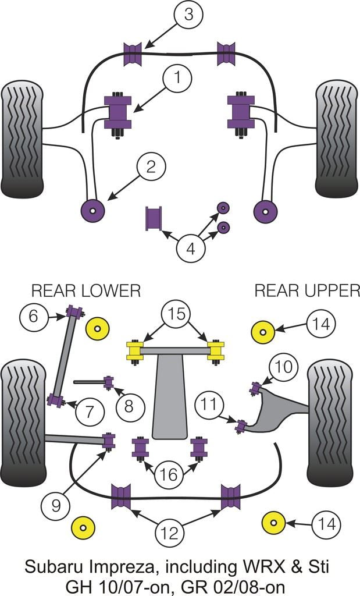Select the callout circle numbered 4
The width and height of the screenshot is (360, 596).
[191, 250]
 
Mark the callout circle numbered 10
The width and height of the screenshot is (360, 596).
[284, 367]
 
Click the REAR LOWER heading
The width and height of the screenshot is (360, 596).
[86, 290]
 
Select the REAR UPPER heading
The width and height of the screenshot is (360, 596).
[307, 290]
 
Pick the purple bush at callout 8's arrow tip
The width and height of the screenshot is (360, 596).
[108, 382]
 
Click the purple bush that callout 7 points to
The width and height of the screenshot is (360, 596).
[56, 400]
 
